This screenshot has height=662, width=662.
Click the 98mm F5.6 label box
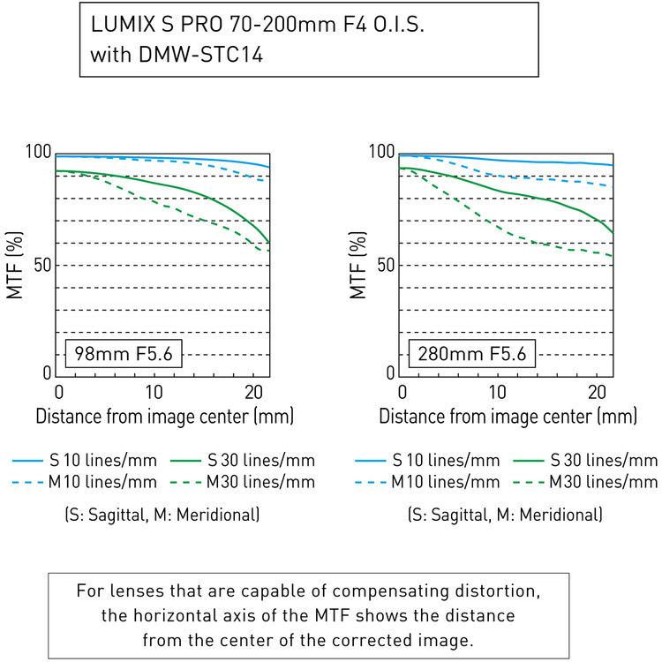click(x=124, y=355)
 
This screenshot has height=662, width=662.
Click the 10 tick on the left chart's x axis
click(x=154, y=392)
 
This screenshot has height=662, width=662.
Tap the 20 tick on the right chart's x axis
click(x=593, y=392)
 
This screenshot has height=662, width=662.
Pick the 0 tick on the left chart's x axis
click(x=58, y=392)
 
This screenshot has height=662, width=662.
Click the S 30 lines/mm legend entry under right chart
click(x=603, y=460)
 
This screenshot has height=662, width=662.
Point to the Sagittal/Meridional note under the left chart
click(x=163, y=514)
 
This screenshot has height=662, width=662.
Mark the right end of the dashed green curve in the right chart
click(x=613, y=256)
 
